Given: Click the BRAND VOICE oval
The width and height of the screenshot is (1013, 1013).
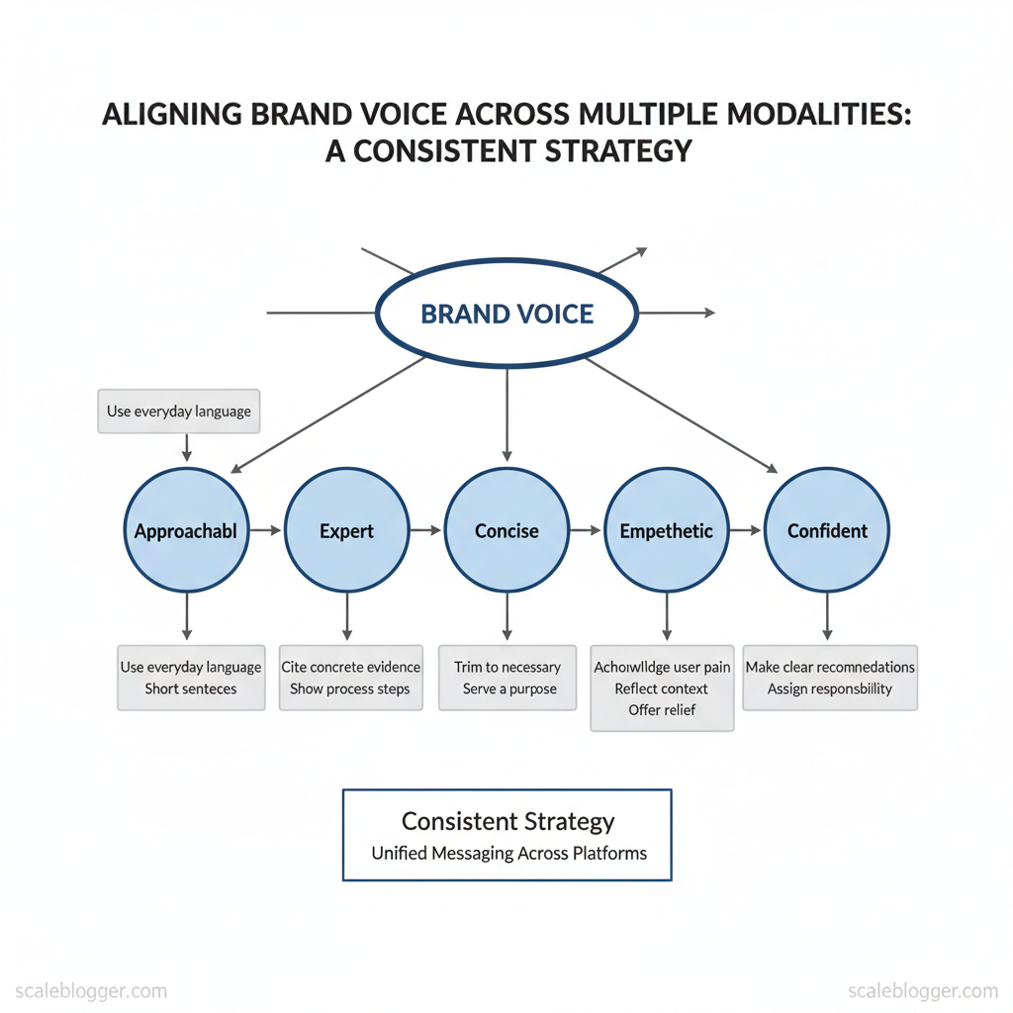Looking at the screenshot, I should tap(506, 315).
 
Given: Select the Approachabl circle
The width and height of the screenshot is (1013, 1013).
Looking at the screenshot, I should tap(186, 531).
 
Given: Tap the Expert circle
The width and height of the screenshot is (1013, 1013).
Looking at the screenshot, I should tap(346, 531).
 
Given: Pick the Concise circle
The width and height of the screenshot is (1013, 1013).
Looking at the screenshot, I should tap(506, 531).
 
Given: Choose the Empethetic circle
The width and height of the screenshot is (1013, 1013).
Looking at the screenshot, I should tap(666, 531).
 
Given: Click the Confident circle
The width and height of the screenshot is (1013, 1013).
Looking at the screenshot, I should tap(827, 531).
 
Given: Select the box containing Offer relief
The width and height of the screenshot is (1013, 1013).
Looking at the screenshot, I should tap(662, 688).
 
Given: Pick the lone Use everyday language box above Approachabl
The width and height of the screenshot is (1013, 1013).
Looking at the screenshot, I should tap(179, 411).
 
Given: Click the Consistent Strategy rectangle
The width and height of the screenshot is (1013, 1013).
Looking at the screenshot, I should tap(506, 834).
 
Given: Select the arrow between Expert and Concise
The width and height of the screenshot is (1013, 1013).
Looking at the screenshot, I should tap(426, 531).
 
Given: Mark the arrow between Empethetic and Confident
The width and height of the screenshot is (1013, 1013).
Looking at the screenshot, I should tap(747, 531).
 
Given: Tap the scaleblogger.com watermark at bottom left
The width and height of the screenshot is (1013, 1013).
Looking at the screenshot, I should tap(84, 990).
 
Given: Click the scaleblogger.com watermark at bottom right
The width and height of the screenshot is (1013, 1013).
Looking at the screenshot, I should tap(923, 990).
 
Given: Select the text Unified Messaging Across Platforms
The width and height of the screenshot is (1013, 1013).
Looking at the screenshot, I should tap(508, 853).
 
